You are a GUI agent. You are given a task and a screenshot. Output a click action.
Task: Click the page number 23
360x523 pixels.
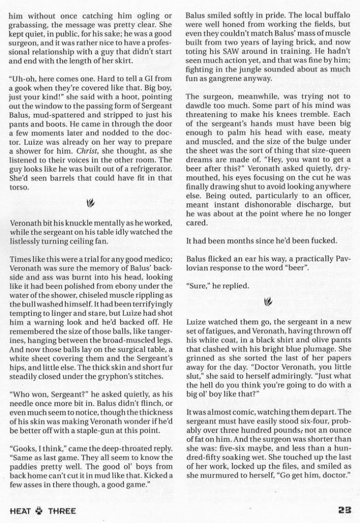click(347, 510)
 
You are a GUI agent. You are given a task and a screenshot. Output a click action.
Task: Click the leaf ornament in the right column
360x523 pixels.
click(269, 301)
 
